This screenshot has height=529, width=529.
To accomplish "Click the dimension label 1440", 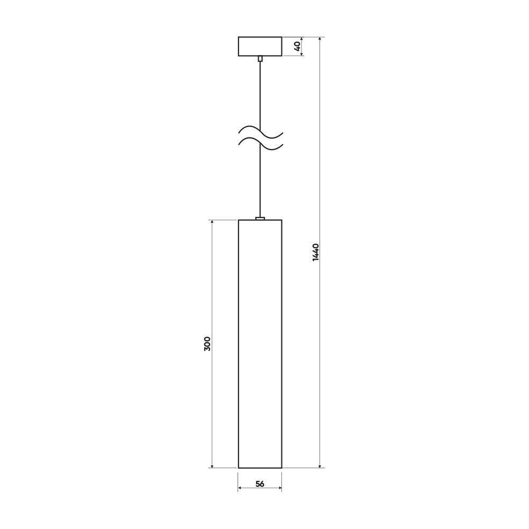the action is coord(315,252).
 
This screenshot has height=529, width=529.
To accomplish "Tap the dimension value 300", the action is coord(207,344).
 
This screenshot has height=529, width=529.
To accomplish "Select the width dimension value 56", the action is coord(260,484).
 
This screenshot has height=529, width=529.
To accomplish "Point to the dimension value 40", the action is coord(297,46).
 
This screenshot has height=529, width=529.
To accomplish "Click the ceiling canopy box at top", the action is coord(260,46).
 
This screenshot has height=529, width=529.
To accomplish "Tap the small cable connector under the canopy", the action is coord(260,59).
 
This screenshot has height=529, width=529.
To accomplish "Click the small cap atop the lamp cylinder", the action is coord(260,218).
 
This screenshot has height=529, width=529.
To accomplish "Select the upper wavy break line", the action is coord(260,133).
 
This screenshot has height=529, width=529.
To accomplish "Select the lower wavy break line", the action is coord(260,144).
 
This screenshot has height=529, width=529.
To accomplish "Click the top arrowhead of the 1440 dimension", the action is coord(320,39).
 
